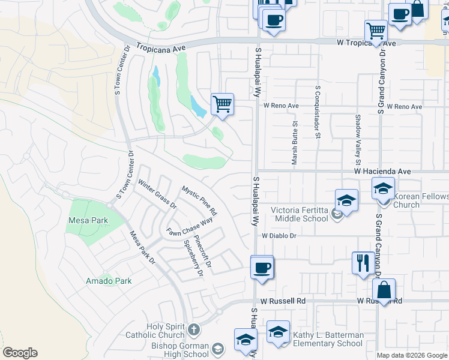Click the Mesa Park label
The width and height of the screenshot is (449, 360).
click(88, 220)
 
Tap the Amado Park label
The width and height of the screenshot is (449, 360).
click(109, 280)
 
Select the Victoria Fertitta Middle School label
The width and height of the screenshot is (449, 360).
click(300, 214)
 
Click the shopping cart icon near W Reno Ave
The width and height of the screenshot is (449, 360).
click(222, 104)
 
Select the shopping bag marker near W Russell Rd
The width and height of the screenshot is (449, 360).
click(384, 289)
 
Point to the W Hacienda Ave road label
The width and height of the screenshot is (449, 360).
click(382, 171)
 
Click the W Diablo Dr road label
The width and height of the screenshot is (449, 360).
click(279, 236)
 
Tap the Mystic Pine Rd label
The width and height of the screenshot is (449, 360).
click(199, 200)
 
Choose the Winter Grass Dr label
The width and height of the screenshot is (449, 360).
click(157, 193)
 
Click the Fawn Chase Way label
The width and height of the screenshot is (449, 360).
click(190, 226)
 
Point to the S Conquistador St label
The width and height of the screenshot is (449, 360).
click(316, 111)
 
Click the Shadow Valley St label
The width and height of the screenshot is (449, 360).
click(358, 140)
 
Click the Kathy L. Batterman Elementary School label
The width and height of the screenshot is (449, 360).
click(327, 339)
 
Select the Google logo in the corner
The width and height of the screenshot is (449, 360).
click(20, 353)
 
